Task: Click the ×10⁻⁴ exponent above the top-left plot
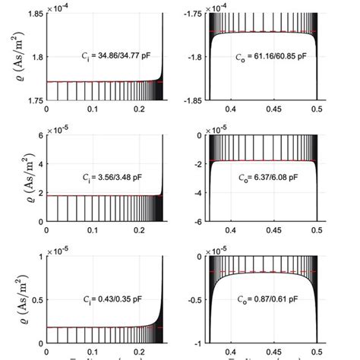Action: pos(58,8)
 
